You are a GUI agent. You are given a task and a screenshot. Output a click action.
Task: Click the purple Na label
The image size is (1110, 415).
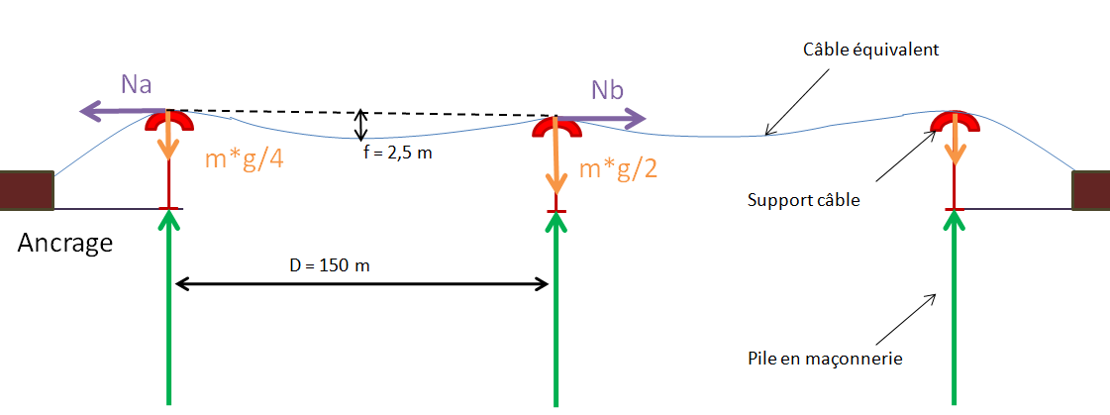click(x=136, y=84)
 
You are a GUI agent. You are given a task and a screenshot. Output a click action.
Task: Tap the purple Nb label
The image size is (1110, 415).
click(x=607, y=90)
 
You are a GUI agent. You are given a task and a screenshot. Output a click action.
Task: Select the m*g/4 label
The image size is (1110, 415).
click(x=244, y=158)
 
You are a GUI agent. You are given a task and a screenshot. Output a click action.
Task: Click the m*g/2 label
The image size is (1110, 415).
click(x=618, y=168)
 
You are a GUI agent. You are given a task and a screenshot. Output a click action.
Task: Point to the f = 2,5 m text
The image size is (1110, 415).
click(x=396, y=154)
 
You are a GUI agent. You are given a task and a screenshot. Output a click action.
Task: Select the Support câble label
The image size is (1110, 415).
click(x=804, y=199)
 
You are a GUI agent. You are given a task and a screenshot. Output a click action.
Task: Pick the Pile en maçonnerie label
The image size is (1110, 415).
click(x=827, y=359)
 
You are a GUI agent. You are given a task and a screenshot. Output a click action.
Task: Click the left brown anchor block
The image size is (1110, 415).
click(x=27, y=190)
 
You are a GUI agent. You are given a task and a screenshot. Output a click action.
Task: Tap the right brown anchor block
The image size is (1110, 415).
click(x=1090, y=190)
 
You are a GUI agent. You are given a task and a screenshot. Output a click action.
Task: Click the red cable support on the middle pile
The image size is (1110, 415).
click(x=556, y=127)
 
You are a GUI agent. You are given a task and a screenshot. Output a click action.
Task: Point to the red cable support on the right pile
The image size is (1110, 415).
click(x=955, y=121)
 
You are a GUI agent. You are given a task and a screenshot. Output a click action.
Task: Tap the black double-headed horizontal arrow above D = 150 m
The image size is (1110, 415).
click(x=362, y=285)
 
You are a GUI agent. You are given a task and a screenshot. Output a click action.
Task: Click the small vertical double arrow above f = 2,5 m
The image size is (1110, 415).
click(x=362, y=124)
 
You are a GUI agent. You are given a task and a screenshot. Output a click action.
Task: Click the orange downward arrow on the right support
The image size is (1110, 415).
click(x=956, y=144)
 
